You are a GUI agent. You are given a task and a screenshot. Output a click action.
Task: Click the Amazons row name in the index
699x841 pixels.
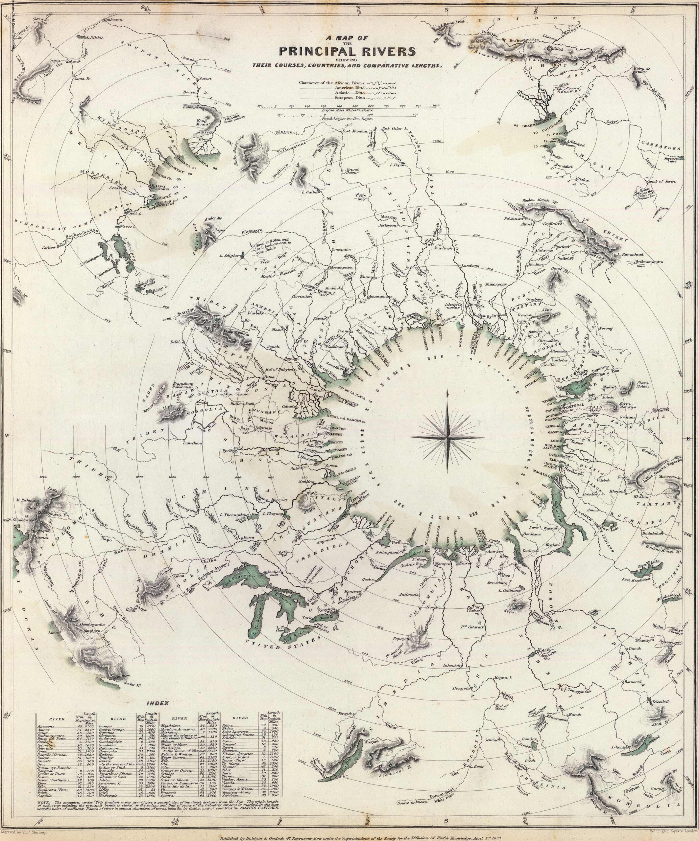44,726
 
